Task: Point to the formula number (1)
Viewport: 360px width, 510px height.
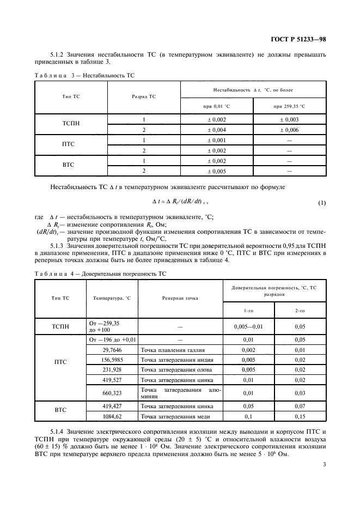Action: point(321,203)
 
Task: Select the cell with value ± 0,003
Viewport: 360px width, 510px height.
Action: point(289,119)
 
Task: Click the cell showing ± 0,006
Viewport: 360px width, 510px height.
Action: point(289,130)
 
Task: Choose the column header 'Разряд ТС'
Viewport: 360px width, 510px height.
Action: point(144,96)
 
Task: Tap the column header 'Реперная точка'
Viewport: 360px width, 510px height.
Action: point(180,298)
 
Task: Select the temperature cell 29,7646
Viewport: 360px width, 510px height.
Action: point(112,350)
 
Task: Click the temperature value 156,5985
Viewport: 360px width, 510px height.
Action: point(112,360)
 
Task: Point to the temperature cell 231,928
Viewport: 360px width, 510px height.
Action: point(112,371)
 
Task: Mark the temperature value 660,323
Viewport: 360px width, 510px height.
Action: point(112,392)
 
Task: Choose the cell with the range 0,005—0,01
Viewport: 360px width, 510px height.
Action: point(248,326)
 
